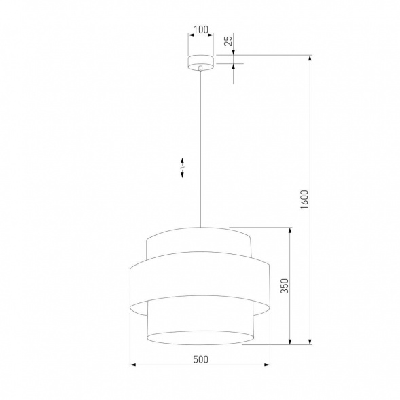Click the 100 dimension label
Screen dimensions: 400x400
200,30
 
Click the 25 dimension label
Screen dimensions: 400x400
229,41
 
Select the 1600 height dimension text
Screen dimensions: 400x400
304,201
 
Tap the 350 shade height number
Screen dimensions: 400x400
284,286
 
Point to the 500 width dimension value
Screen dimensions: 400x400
200,359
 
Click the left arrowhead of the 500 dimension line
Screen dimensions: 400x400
132,366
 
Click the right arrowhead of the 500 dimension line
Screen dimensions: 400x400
268,366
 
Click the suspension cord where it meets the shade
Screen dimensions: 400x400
201,225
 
